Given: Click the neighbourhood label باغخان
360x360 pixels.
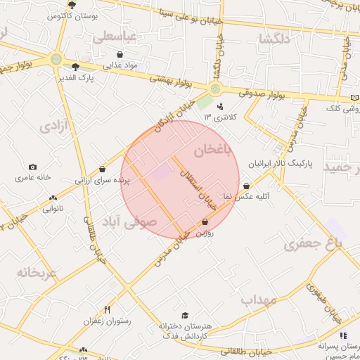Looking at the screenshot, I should coord(212,150).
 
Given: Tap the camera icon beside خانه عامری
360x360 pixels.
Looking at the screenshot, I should coord(32,167).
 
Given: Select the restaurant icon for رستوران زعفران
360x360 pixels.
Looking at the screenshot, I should coord(108,309).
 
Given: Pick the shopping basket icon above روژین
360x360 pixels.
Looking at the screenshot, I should coord(205,222).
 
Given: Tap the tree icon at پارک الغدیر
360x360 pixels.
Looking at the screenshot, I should coord(75,67).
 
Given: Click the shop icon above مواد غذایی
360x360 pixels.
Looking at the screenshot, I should coord(120,54).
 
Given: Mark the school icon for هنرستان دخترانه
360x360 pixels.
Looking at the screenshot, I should coord(185,316).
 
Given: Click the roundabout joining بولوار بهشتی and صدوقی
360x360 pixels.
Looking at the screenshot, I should coord(214,89).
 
